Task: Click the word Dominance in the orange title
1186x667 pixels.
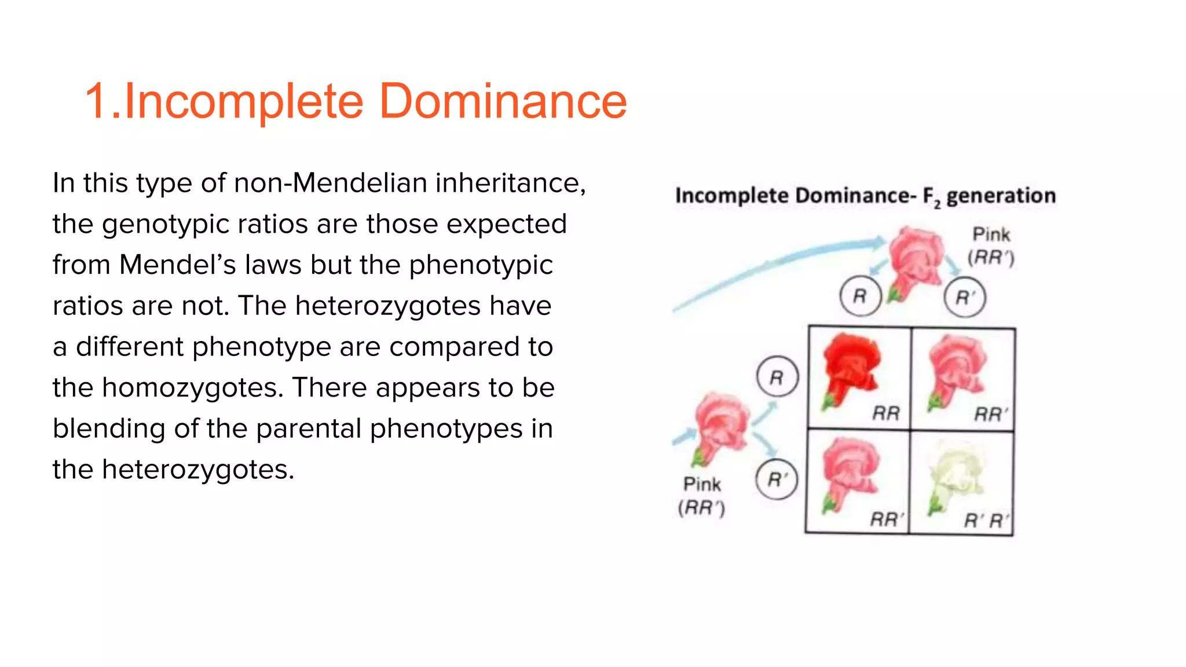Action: point(503,101)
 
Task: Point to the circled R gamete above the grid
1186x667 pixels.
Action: point(860,296)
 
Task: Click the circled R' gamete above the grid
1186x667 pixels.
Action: point(964,298)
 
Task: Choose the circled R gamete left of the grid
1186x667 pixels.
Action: point(777,377)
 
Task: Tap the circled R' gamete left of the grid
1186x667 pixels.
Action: point(777,479)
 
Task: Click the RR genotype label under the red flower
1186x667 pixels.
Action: point(886,413)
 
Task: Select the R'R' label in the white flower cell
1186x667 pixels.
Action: point(986,521)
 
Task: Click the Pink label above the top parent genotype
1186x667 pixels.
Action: point(991,234)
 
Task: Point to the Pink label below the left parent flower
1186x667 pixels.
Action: point(702,484)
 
